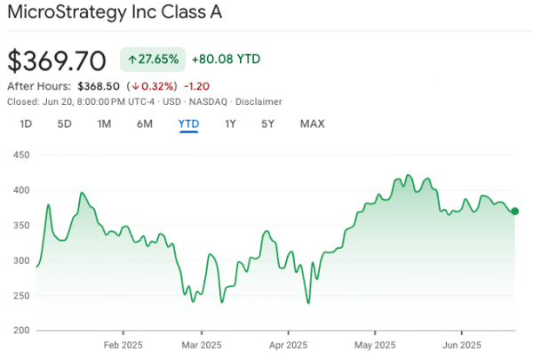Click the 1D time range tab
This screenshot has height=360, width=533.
[26, 124]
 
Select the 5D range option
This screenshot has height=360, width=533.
[64, 124]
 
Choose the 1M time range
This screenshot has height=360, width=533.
[104, 124]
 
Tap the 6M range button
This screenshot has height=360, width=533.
[145, 124]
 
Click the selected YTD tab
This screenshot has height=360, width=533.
[188, 124]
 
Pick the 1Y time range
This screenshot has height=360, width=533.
[230, 124]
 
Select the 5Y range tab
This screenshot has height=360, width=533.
[268, 124]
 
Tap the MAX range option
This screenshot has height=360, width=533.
[313, 124]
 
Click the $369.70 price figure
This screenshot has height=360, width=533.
[57, 61]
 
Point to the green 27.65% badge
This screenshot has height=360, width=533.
[153, 60]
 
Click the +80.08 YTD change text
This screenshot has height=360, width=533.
[226, 60]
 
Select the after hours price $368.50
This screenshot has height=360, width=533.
[99, 86]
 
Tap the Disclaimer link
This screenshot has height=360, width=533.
[259, 101]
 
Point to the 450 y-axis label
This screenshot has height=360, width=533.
[21, 156]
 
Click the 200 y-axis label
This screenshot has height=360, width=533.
[21, 330]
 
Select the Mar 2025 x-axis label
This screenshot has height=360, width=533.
[202, 346]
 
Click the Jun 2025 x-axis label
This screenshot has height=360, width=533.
[462, 346]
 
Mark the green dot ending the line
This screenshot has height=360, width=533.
[515, 212]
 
